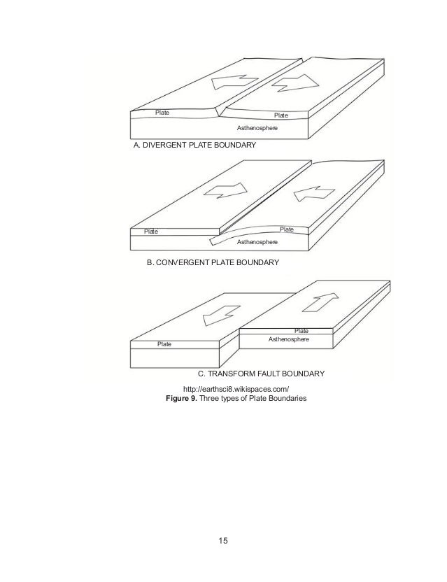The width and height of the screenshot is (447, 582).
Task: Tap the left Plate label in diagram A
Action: pos(162,112)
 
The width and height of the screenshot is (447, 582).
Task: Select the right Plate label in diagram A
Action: pos(281,115)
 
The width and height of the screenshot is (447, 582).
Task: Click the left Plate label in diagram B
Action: pos(151,231)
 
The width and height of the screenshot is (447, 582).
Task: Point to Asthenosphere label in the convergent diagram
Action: pos(257,241)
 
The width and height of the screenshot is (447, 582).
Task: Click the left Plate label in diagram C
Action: pos(165,344)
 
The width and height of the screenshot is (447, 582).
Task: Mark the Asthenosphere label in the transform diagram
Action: pos(289,339)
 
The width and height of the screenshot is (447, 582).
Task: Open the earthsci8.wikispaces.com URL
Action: pos(236,388)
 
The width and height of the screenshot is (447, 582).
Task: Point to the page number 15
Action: pos(223,541)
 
